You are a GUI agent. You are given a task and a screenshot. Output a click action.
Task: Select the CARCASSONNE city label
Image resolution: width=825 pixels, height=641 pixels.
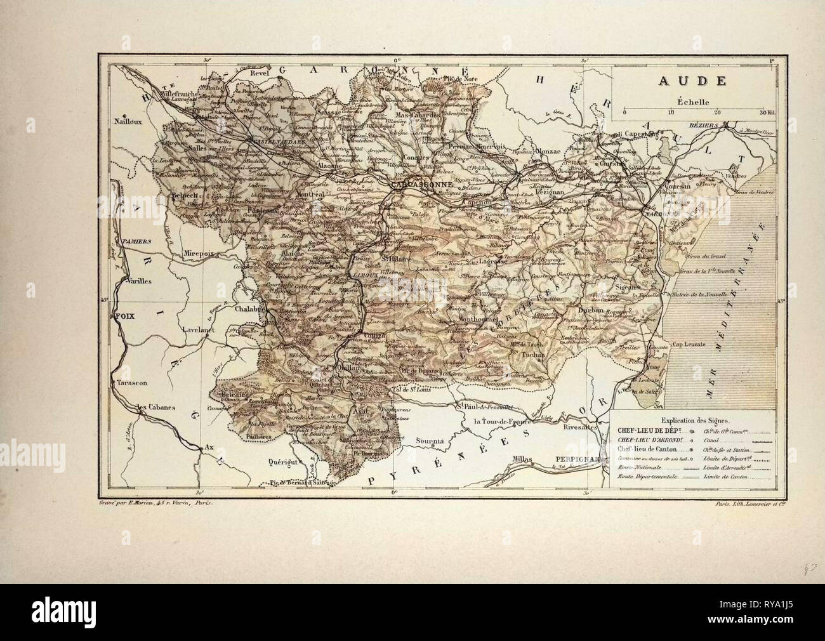(x=421, y=187)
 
